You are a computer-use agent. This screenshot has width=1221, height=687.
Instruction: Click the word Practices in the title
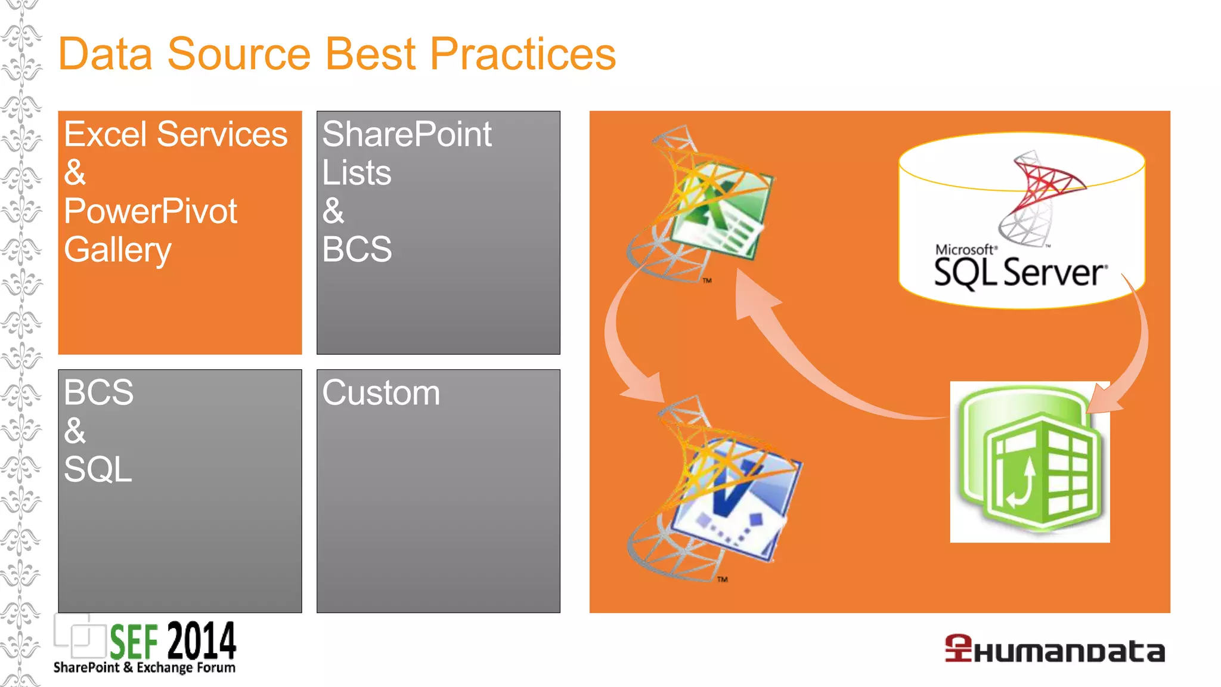tap(522, 54)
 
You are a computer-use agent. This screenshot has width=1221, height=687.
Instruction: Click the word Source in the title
tap(238, 54)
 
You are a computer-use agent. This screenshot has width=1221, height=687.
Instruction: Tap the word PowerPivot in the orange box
tap(150, 211)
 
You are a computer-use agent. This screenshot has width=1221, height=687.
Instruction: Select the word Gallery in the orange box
tap(117, 250)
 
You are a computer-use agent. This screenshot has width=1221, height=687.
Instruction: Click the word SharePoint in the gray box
tap(407, 134)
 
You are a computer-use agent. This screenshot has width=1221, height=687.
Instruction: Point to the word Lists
tap(357, 173)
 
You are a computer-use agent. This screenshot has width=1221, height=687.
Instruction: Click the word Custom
tap(381, 393)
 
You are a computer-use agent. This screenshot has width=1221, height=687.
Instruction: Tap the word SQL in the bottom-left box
tap(98, 469)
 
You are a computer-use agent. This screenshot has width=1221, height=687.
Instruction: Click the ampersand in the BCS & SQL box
tap(75, 431)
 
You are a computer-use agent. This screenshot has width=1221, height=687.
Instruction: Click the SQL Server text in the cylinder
tap(1019, 273)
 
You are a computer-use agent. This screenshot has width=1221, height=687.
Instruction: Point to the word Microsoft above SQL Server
tap(964, 249)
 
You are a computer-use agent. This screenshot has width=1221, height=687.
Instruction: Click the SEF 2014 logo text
tap(173, 641)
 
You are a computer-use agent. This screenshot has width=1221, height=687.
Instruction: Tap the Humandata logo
tap(1054, 649)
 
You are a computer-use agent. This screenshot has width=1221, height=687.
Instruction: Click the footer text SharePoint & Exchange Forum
tap(144, 667)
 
